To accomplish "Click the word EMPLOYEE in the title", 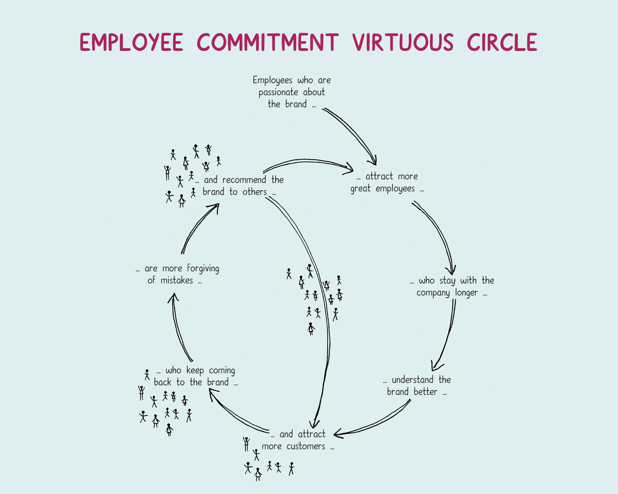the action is tap(131, 42).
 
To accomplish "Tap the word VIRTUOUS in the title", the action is tap(403, 42).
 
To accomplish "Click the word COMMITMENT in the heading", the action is tap(268, 42).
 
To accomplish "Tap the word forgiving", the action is tap(203, 269).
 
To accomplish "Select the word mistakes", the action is tap(177, 280).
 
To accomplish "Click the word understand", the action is tap(412, 380).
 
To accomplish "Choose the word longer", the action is tap(466, 293).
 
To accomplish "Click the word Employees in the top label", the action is tap(272, 80).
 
